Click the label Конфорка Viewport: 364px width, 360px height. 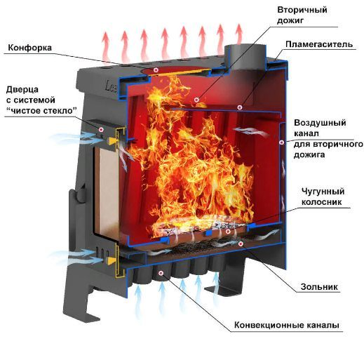pos(30,48)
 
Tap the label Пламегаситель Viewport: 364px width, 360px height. pos(319,44)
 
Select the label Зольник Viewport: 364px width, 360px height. pos(319,287)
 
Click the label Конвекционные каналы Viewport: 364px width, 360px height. pos(287,325)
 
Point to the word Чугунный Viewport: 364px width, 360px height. pos(323,192)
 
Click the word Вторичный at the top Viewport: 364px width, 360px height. pos(302,10)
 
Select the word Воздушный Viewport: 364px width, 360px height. pos(320,123)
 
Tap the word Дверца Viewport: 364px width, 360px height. pos(22,90)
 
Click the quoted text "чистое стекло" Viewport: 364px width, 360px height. pos(41,110)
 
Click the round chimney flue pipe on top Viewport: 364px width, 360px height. pos(245,58)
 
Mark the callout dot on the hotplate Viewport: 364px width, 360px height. pos(156,69)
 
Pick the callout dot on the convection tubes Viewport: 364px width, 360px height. pos(161,273)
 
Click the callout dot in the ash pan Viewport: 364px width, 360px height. pos(241,244)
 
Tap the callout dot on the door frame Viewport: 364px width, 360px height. pos(101,129)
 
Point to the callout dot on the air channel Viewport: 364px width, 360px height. pos(282,142)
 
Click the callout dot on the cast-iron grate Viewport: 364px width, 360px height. pos(228,232)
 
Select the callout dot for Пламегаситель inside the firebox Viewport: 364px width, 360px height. pos(239,107)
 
